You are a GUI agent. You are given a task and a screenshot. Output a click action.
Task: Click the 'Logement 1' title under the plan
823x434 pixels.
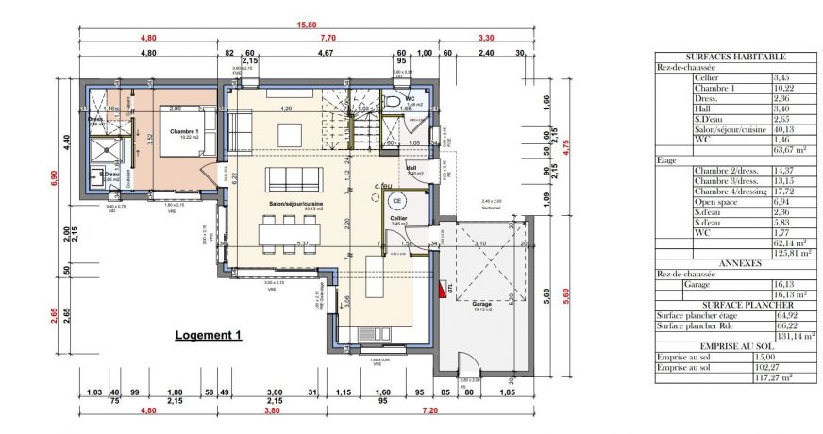coord(209,335)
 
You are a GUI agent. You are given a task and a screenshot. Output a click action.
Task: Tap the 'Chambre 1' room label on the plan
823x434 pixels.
coord(183,132)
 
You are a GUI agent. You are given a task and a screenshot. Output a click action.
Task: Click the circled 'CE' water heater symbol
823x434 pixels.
coord(397,199)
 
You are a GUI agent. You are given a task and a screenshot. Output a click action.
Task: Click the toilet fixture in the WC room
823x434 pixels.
coord(394,101)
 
